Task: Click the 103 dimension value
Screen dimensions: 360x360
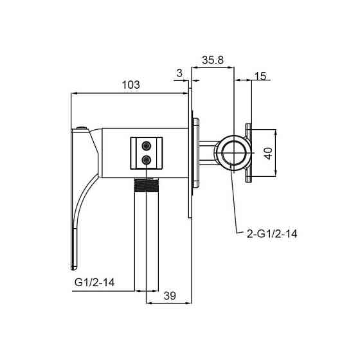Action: (130, 85)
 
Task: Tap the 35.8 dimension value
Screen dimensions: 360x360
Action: (213, 60)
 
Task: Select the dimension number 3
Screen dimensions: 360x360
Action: (179, 73)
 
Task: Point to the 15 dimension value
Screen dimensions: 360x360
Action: (260, 76)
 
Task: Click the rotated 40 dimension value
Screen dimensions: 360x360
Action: (268, 154)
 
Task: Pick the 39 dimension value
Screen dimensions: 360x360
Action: (170, 296)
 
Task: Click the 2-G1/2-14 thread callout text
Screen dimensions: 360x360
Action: (272, 234)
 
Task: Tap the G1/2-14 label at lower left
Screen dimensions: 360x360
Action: (94, 282)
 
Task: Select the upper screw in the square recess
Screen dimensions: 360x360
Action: (147, 145)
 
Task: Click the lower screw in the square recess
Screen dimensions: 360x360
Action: (147, 159)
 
